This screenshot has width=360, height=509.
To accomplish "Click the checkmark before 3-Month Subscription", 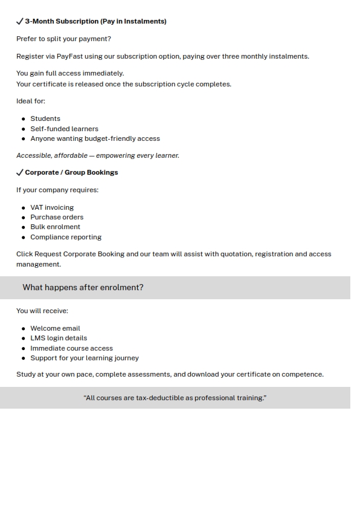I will pyautogui.click(x=20, y=21).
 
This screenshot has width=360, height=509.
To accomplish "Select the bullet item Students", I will pyautogui.click(x=45, y=118).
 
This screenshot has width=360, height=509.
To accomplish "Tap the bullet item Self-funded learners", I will pyautogui.click(x=64, y=129).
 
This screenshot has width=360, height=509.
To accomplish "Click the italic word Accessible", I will pyautogui.click(x=34, y=155).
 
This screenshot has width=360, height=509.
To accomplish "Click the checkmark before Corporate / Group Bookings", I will pyautogui.click(x=20, y=172).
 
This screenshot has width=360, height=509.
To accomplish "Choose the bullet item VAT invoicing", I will pyautogui.click(x=52, y=207).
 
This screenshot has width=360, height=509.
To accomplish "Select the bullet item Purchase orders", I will pyautogui.click(x=57, y=217).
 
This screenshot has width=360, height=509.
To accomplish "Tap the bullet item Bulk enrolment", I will pyautogui.click(x=55, y=227).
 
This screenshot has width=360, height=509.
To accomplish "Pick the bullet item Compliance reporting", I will pyautogui.click(x=66, y=237).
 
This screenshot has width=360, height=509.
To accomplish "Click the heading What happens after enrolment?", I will pyautogui.click(x=83, y=288).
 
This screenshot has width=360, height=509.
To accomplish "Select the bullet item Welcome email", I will pyautogui.click(x=55, y=328).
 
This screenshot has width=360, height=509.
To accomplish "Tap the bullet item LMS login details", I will pyautogui.click(x=59, y=338).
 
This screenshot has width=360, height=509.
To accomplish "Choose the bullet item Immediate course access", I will pyautogui.click(x=71, y=348).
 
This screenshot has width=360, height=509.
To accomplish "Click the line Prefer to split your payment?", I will pyautogui.click(x=63, y=39).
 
